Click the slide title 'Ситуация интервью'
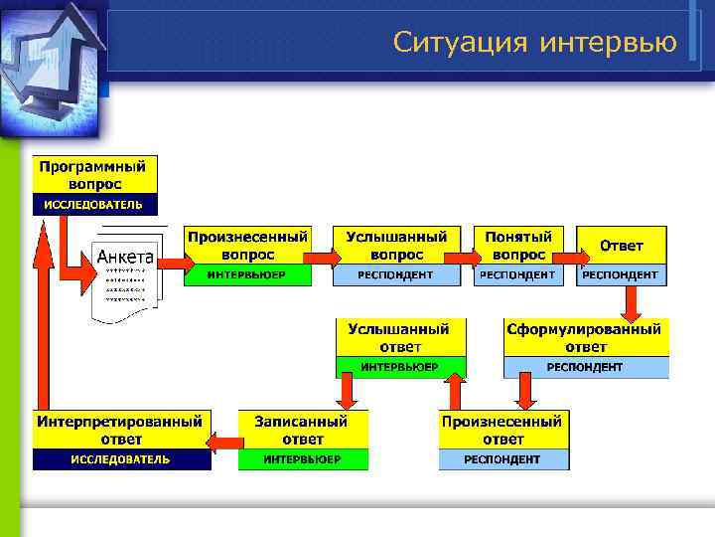(x=534, y=42)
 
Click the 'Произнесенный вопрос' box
(x=247, y=247)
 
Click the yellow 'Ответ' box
(x=621, y=246)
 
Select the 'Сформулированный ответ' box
(x=585, y=337)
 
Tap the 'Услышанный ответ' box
(x=399, y=337)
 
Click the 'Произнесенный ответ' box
(x=503, y=430)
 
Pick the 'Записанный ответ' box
(x=302, y=430)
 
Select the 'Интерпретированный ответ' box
(x=122, y=430)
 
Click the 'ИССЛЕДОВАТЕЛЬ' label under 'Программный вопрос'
(x=95, y=205)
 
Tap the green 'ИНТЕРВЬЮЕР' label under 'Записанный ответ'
(x=302, y=459)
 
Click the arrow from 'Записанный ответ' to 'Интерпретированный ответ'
(x=224, y=441)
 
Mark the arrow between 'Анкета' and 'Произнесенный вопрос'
(x=170, y=262)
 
